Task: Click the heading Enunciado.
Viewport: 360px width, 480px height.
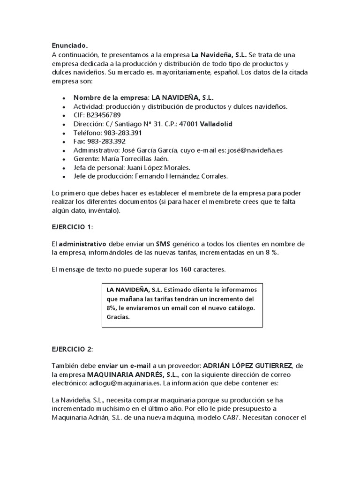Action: click(69, 45)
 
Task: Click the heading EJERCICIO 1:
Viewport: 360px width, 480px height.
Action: click(73, 226)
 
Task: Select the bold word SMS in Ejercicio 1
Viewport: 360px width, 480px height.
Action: click(164, 244)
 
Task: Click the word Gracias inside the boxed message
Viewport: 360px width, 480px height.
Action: click(118, 317)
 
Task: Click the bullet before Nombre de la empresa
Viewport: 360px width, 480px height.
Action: click(64, 98)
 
